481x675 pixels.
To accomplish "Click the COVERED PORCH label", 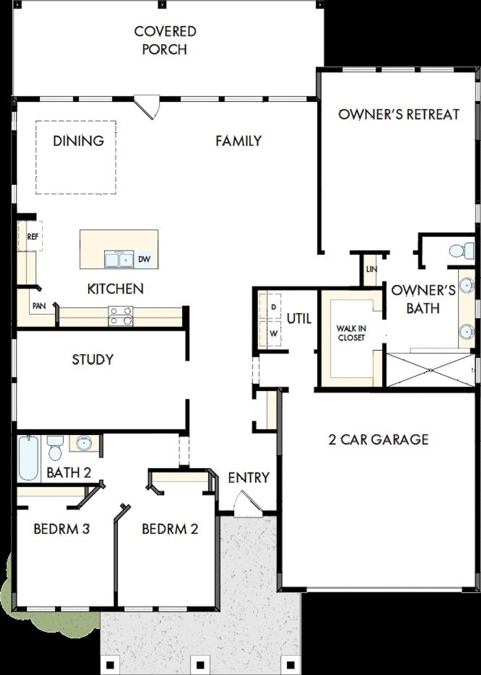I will click(165, 40).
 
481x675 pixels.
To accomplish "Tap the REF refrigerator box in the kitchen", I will click(33, 237).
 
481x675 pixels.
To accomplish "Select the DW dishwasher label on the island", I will click(144, 259).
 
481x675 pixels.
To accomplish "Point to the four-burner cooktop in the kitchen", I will click(120, 316).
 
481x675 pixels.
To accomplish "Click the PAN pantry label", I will click(39, 306).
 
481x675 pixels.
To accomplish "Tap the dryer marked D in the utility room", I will click(274, 307).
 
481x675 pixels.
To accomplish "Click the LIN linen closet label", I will click(371, 269).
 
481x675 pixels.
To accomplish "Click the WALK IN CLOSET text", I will click(351, 333).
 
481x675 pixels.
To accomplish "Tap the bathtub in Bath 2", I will click(29, 458).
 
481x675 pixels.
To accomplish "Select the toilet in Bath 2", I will click(55, 448).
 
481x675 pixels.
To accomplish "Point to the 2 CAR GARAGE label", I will click(378, 439).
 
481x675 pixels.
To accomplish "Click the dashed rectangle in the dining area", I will click(76, 158).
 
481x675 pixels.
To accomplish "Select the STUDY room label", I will click(92, 359).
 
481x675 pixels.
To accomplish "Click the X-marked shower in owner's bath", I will click(430, 370).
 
